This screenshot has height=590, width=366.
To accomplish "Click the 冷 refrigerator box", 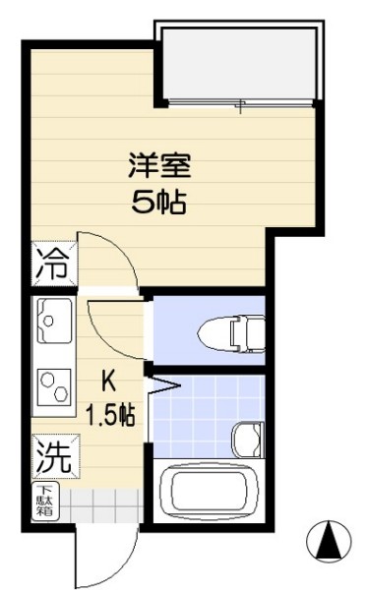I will [x=52, y=264].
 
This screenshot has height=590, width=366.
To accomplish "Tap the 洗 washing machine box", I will [x=51, y=455].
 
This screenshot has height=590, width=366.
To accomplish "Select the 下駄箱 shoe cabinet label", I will [x=46, y=502].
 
